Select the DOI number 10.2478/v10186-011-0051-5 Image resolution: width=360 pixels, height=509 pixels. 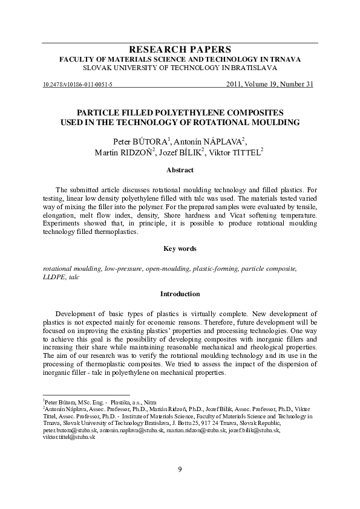coord(77,85)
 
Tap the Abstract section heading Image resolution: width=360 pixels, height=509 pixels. coord(180,171)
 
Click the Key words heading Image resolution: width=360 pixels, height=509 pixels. coord(180,248)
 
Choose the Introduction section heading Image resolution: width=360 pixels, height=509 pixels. coord(180,294)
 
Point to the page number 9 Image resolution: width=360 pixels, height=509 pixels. coord(180,470)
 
